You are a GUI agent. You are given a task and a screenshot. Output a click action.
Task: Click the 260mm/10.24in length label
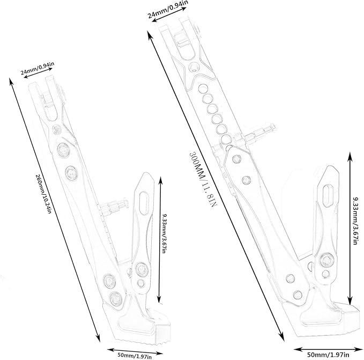coord(43,194)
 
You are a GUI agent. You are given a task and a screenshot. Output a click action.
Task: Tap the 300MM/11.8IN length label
coord(203,180)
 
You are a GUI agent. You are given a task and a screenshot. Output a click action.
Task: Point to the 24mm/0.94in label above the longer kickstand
coord(168,9)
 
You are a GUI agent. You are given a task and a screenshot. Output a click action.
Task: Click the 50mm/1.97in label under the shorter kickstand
coord(135,356)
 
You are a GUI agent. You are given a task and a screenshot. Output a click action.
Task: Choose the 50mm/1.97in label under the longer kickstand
coord(328,355)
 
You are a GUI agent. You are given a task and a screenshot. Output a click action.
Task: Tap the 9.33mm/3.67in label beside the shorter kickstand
coord(164,233)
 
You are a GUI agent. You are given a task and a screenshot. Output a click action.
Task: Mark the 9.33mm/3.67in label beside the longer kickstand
coord(355,220)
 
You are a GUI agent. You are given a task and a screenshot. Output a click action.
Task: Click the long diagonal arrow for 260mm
coord(55,210)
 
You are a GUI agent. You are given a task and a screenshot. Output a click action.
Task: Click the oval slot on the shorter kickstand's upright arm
coord(144,201)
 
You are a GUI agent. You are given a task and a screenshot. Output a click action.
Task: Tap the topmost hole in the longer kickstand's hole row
coord(203,89)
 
